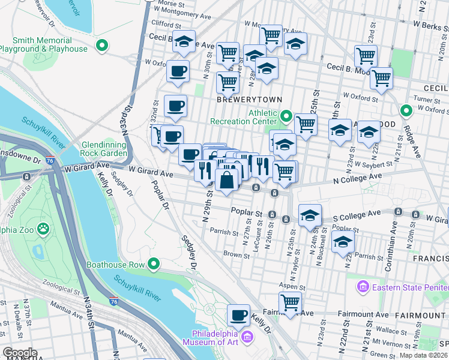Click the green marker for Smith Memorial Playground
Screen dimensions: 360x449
point(102,45)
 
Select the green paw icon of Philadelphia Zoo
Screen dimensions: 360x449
point(43,229)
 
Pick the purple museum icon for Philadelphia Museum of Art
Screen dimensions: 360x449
point(246,340)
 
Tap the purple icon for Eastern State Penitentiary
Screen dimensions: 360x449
point(362,287)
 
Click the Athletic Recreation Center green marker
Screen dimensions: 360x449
point(286,116)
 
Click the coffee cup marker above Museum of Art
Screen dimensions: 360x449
point(238,314)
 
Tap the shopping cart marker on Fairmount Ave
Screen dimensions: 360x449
point(290,302)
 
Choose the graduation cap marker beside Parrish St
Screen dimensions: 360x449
point(343,241)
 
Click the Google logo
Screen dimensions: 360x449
point(19,353)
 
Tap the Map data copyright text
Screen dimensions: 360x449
point(424,355)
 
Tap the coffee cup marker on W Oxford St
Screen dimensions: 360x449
point(178,71)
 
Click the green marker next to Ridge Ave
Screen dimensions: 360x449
point(406,110)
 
